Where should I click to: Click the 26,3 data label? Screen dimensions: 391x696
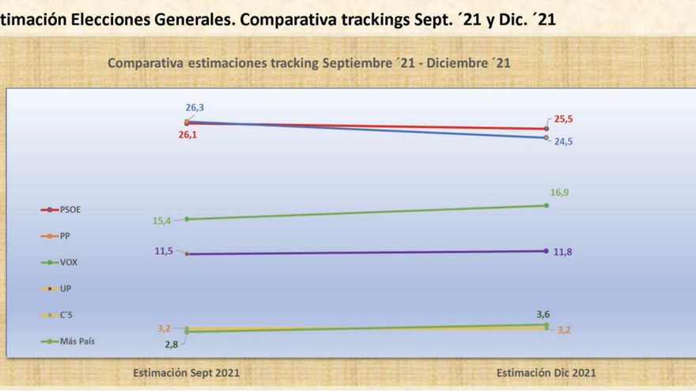tap(195, 107)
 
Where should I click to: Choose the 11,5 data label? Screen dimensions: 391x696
tap(165, 251)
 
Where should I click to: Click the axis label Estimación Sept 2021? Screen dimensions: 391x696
tap(186, 372)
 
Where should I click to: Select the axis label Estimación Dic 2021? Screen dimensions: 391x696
tap(546, 372)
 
